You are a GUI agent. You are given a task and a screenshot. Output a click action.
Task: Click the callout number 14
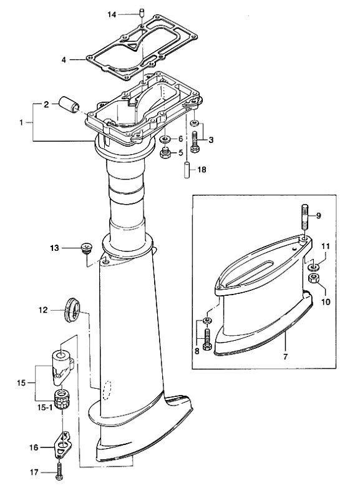pyautogui.click(x=112, y=14)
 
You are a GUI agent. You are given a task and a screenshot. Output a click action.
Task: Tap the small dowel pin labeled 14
pyautogui.click(x=142, y=14)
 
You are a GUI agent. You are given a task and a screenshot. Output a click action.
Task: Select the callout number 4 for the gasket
pyautogui.click(x=64, y=60)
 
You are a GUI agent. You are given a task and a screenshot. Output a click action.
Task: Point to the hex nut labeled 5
pyautogui.click(x=165, y=153)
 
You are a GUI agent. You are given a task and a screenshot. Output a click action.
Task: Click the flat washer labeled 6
pyautogui.click(x=165, y=139)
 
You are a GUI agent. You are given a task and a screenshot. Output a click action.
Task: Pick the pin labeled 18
pyautogui.click(x=187, y=170)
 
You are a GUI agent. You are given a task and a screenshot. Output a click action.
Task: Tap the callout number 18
pyautogui.click(x=202, y=170)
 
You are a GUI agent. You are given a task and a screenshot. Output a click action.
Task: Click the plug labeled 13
pyautogui.click(x=85, y=247)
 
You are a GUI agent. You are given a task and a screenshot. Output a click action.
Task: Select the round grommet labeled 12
pyautogui.click(x=72, y=310)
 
